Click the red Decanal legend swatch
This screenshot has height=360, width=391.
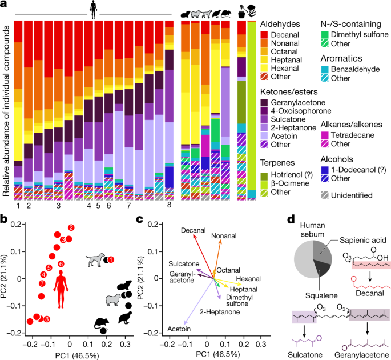pyautogui.click(x=265, y=35)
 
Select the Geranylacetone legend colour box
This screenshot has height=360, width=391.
pyautogui.click(x=265, y=102)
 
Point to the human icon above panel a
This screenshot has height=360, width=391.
pyautogui.click(x=92, y=9)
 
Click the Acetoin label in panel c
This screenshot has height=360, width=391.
pyautogui.click(x=180, y=329)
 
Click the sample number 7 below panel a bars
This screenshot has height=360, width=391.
pyautogui.click(x=128, y=204)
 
